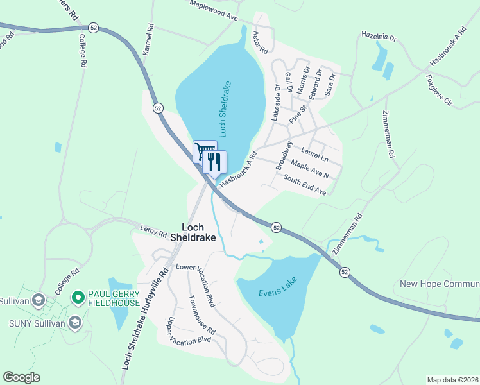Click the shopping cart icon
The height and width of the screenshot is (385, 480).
point(205,151)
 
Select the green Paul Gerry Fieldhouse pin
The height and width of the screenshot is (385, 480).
point(79,297)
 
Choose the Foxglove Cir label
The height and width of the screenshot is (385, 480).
point(439,90)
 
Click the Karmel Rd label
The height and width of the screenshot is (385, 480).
point(148,39)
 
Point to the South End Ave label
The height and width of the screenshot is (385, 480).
point(305,186)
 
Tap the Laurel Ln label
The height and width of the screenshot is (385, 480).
point(314,154)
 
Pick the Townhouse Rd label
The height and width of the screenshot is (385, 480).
point(202,313)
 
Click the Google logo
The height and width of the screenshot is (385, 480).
point(21,377)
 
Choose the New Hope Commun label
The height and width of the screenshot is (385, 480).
point(439,284)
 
